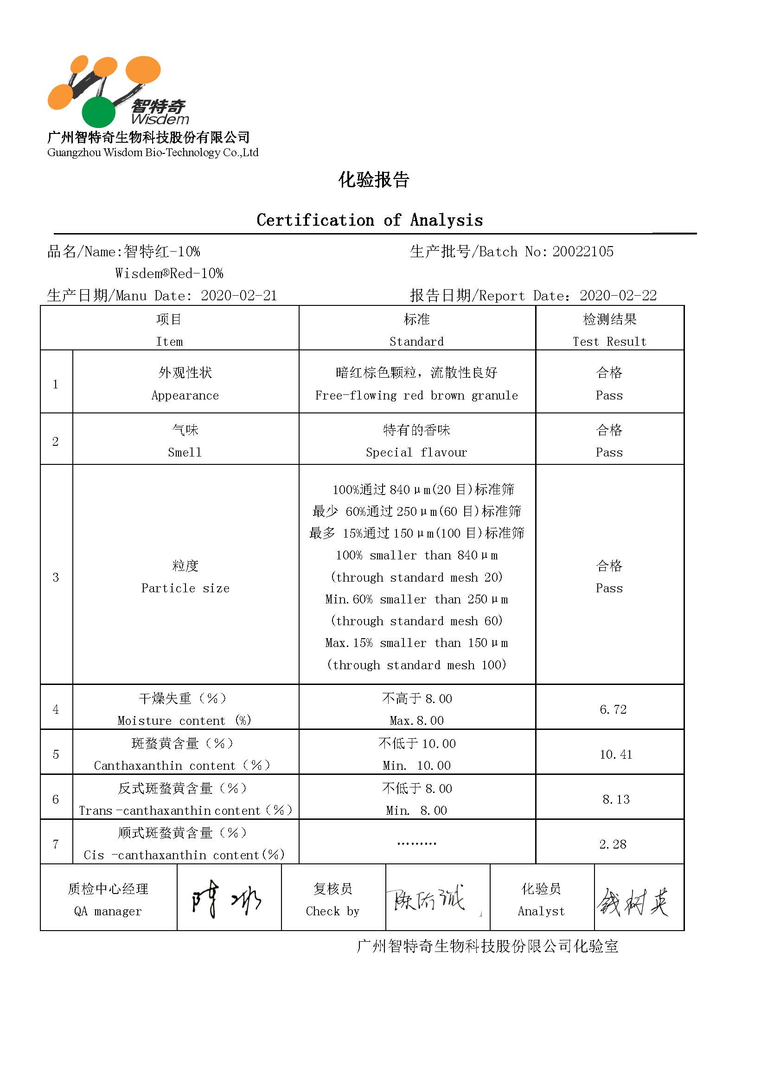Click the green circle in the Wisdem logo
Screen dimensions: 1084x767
[98, 112]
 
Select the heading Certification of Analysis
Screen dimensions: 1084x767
[369, 220]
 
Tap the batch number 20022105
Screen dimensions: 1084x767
[583, 252]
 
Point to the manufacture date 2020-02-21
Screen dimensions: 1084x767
[238, 296]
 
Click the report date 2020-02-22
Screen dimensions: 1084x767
[618, 296]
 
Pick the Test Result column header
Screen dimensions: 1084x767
[609, 342]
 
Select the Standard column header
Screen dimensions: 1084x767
[416, 342]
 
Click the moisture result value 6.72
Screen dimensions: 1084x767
[613, 709]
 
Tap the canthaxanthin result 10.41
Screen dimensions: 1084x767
[615, 754]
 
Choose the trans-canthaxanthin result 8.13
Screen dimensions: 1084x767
[615, 799]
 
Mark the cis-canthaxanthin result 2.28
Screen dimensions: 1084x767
[613, 843]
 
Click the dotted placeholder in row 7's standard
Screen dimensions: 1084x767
[416, 843]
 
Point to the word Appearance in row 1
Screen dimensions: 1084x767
[185, 395]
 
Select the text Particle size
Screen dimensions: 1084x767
[185, 588]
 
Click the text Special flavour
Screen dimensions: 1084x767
[416, 452]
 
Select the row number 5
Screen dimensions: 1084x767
[56, 754]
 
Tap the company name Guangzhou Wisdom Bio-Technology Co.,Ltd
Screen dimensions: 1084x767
[153, 152]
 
